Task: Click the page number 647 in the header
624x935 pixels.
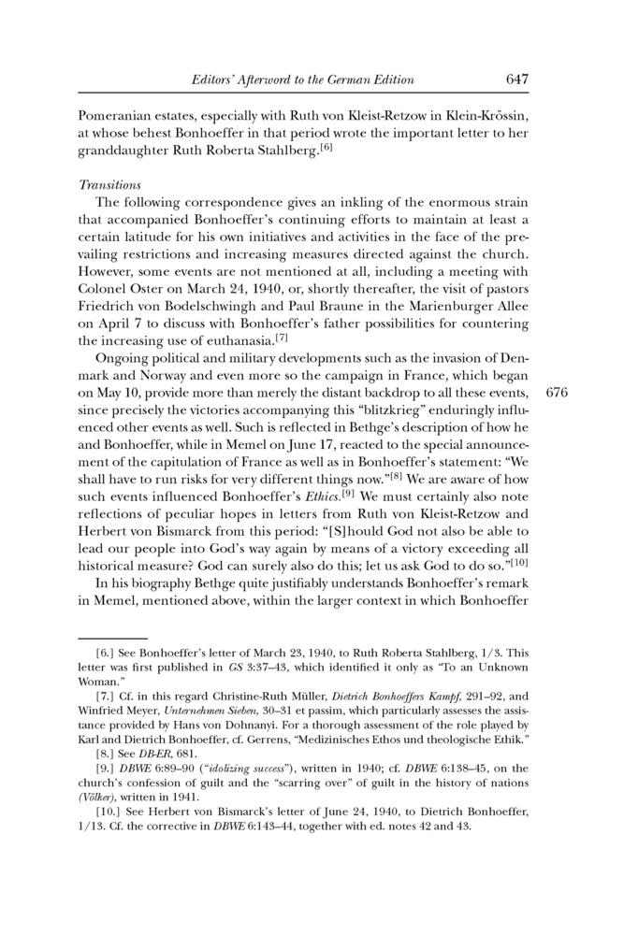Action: [x=517, y=79]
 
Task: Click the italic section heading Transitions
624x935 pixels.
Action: [x=108, y=186]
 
